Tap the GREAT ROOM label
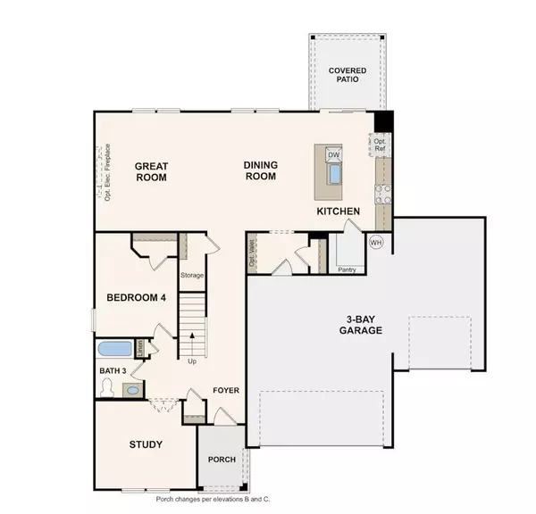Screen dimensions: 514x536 (x=151, y=170)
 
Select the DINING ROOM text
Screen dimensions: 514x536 (x=261, y=170)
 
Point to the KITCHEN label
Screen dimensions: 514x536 (x=339, y=211)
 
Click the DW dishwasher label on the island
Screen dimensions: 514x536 (x=333, y=155)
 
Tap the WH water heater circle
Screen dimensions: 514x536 (x=375, y=242)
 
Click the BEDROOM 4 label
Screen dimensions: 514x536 (x=137, y=298)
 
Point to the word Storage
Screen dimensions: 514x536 (x=192, y=276)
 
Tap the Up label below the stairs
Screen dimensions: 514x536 (x=192, y=361)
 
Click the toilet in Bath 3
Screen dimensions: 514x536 (x=108, y=387)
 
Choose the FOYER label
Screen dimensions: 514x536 (x=224, y=391)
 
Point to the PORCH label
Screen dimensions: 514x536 (x=221, y=460)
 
